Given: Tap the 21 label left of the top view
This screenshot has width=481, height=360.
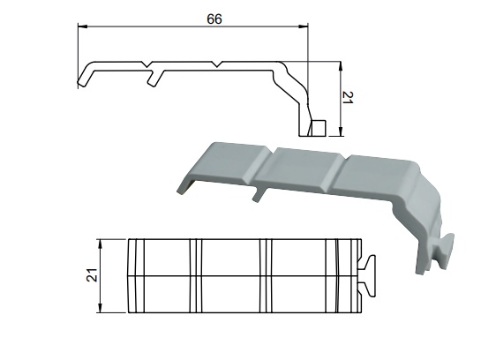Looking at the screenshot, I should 89,275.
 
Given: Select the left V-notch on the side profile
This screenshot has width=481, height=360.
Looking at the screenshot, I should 147,65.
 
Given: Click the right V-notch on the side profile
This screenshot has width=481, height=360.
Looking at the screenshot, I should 216,65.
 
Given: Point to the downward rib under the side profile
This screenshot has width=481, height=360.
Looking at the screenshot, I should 154,79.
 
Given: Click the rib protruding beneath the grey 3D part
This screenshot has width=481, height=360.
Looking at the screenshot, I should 257,193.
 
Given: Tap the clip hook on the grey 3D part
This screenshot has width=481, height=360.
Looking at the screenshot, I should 447,251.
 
